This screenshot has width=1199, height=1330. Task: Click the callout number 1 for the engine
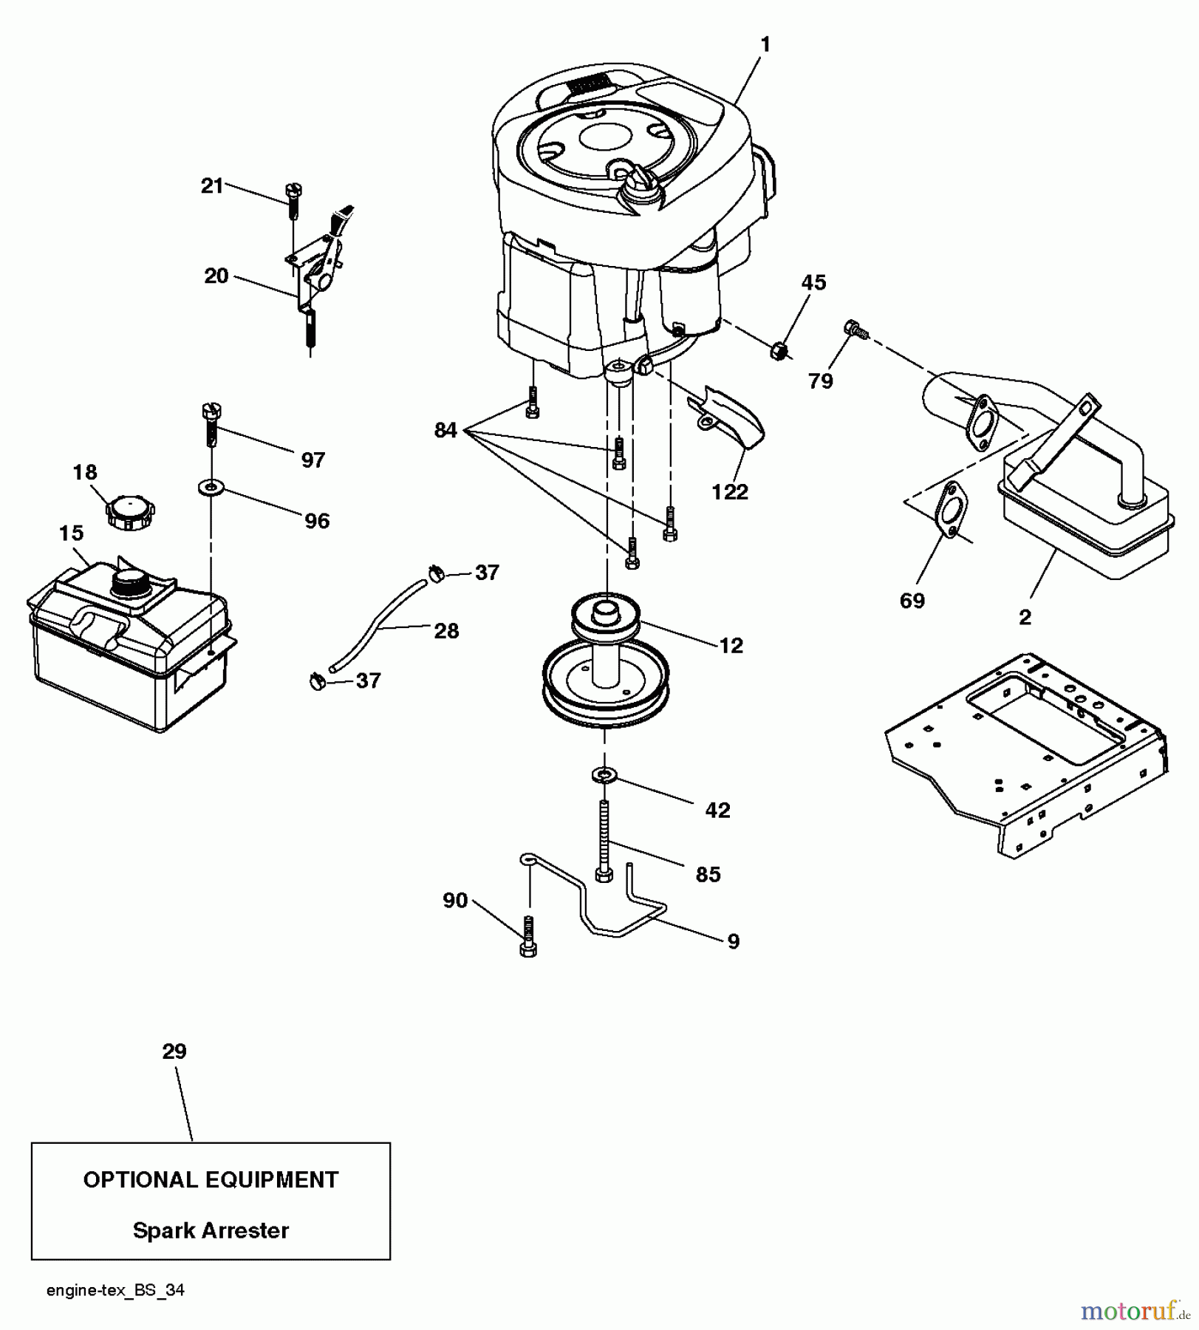click(765, 45)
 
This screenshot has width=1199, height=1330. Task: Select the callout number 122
click(729, 491)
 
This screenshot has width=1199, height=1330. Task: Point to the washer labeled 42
click(605, 775)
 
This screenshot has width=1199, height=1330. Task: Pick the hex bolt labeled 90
click(528, 936)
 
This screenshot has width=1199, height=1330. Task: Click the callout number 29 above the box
click(174, 1051)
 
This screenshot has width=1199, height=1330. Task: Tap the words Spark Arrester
click(211, 1230)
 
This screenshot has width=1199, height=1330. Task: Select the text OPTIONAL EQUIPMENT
click(211, 1180)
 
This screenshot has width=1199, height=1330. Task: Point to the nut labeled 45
click(778, 349)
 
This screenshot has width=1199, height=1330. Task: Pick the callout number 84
click(445, 430)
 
